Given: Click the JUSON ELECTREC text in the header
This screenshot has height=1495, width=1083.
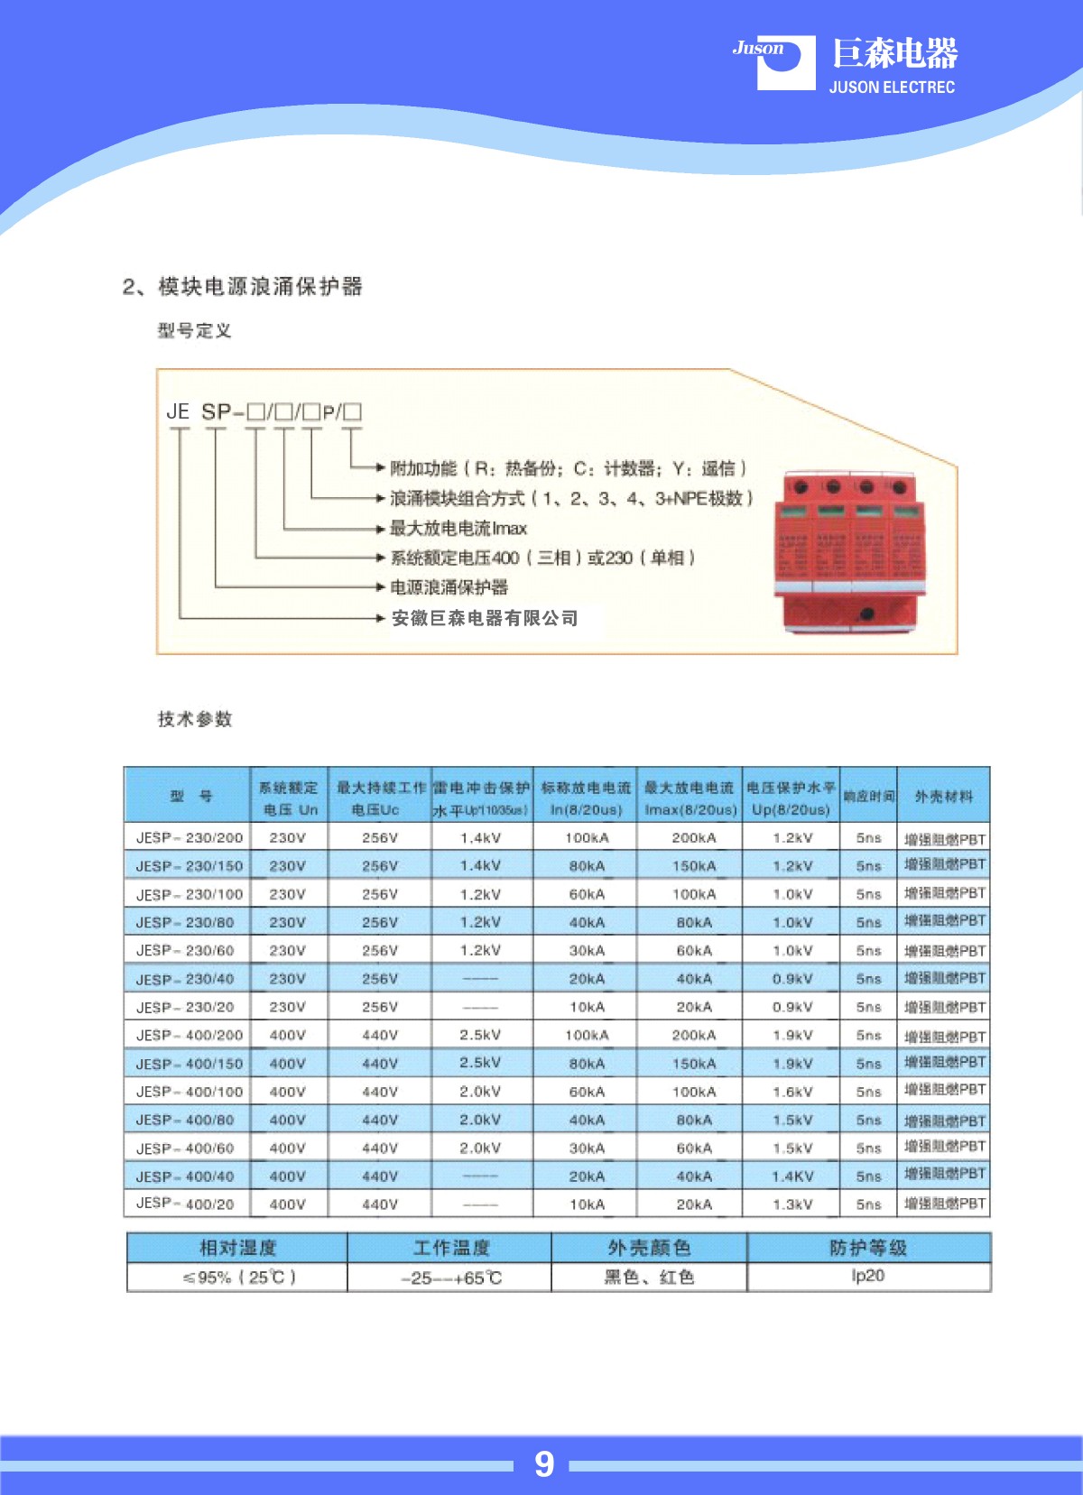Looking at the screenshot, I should click(892, 88).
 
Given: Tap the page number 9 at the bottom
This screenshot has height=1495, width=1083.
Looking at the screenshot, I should click(543, 1463).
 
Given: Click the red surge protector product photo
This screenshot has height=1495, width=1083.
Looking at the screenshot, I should click(850, 549).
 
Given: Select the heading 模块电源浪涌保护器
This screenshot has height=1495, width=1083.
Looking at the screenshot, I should click(260, 287).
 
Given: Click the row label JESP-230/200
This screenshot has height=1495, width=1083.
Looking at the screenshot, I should click(189, 837).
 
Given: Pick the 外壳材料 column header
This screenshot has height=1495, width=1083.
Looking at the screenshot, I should click(944, 796).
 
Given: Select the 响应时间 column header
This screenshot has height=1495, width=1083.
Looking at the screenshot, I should click(868, 796).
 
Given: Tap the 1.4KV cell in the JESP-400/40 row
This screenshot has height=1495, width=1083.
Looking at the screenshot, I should click(792, 1177).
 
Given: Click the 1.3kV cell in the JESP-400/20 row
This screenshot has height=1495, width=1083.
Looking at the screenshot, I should click(792, 1204).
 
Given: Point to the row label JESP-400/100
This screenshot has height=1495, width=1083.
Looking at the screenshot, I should click(189, 1092).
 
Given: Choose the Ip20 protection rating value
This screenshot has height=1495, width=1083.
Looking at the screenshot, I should click(867, 1276).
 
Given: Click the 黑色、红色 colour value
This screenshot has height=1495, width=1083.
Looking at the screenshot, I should click(649, 1277).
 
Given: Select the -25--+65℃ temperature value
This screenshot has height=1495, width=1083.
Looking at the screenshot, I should click(450, 1278).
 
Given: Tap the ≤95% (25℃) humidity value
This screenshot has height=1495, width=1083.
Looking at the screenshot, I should click(239, 1278).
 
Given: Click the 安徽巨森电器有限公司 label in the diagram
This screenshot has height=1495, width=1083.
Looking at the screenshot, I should click(485, 618).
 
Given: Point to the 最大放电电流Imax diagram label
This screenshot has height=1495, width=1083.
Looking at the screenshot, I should click(458, 528).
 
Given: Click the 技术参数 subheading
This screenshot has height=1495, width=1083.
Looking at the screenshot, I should click(195, 719).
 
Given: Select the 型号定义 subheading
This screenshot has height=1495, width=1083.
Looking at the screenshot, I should click(194, 331).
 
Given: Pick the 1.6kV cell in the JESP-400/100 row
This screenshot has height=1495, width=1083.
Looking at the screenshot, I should click(792, 1092).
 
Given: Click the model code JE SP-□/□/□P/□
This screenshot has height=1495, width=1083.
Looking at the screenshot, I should click(264, 412).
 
